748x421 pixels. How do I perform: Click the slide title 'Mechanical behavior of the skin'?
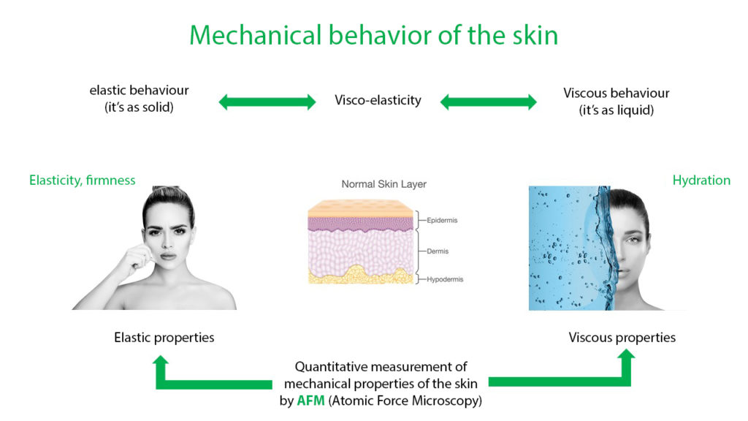373,35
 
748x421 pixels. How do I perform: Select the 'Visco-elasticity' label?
378,100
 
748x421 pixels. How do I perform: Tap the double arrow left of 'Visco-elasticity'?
267,102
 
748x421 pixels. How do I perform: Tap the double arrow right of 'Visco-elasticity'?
488,102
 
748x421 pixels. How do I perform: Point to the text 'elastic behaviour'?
139,90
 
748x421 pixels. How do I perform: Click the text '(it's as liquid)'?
617,110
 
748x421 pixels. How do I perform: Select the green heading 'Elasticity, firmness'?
82,180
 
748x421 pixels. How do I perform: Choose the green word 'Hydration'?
701,180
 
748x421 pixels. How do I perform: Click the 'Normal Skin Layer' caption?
383,183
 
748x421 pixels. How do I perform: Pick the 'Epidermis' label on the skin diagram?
442,220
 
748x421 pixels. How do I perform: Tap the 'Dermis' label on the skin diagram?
438,251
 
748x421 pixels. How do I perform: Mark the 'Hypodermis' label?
445,279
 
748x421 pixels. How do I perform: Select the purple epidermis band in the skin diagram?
360,224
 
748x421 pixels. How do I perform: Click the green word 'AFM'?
310,401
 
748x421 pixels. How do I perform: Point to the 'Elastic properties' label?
164,338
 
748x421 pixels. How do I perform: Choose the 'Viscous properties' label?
622,338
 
